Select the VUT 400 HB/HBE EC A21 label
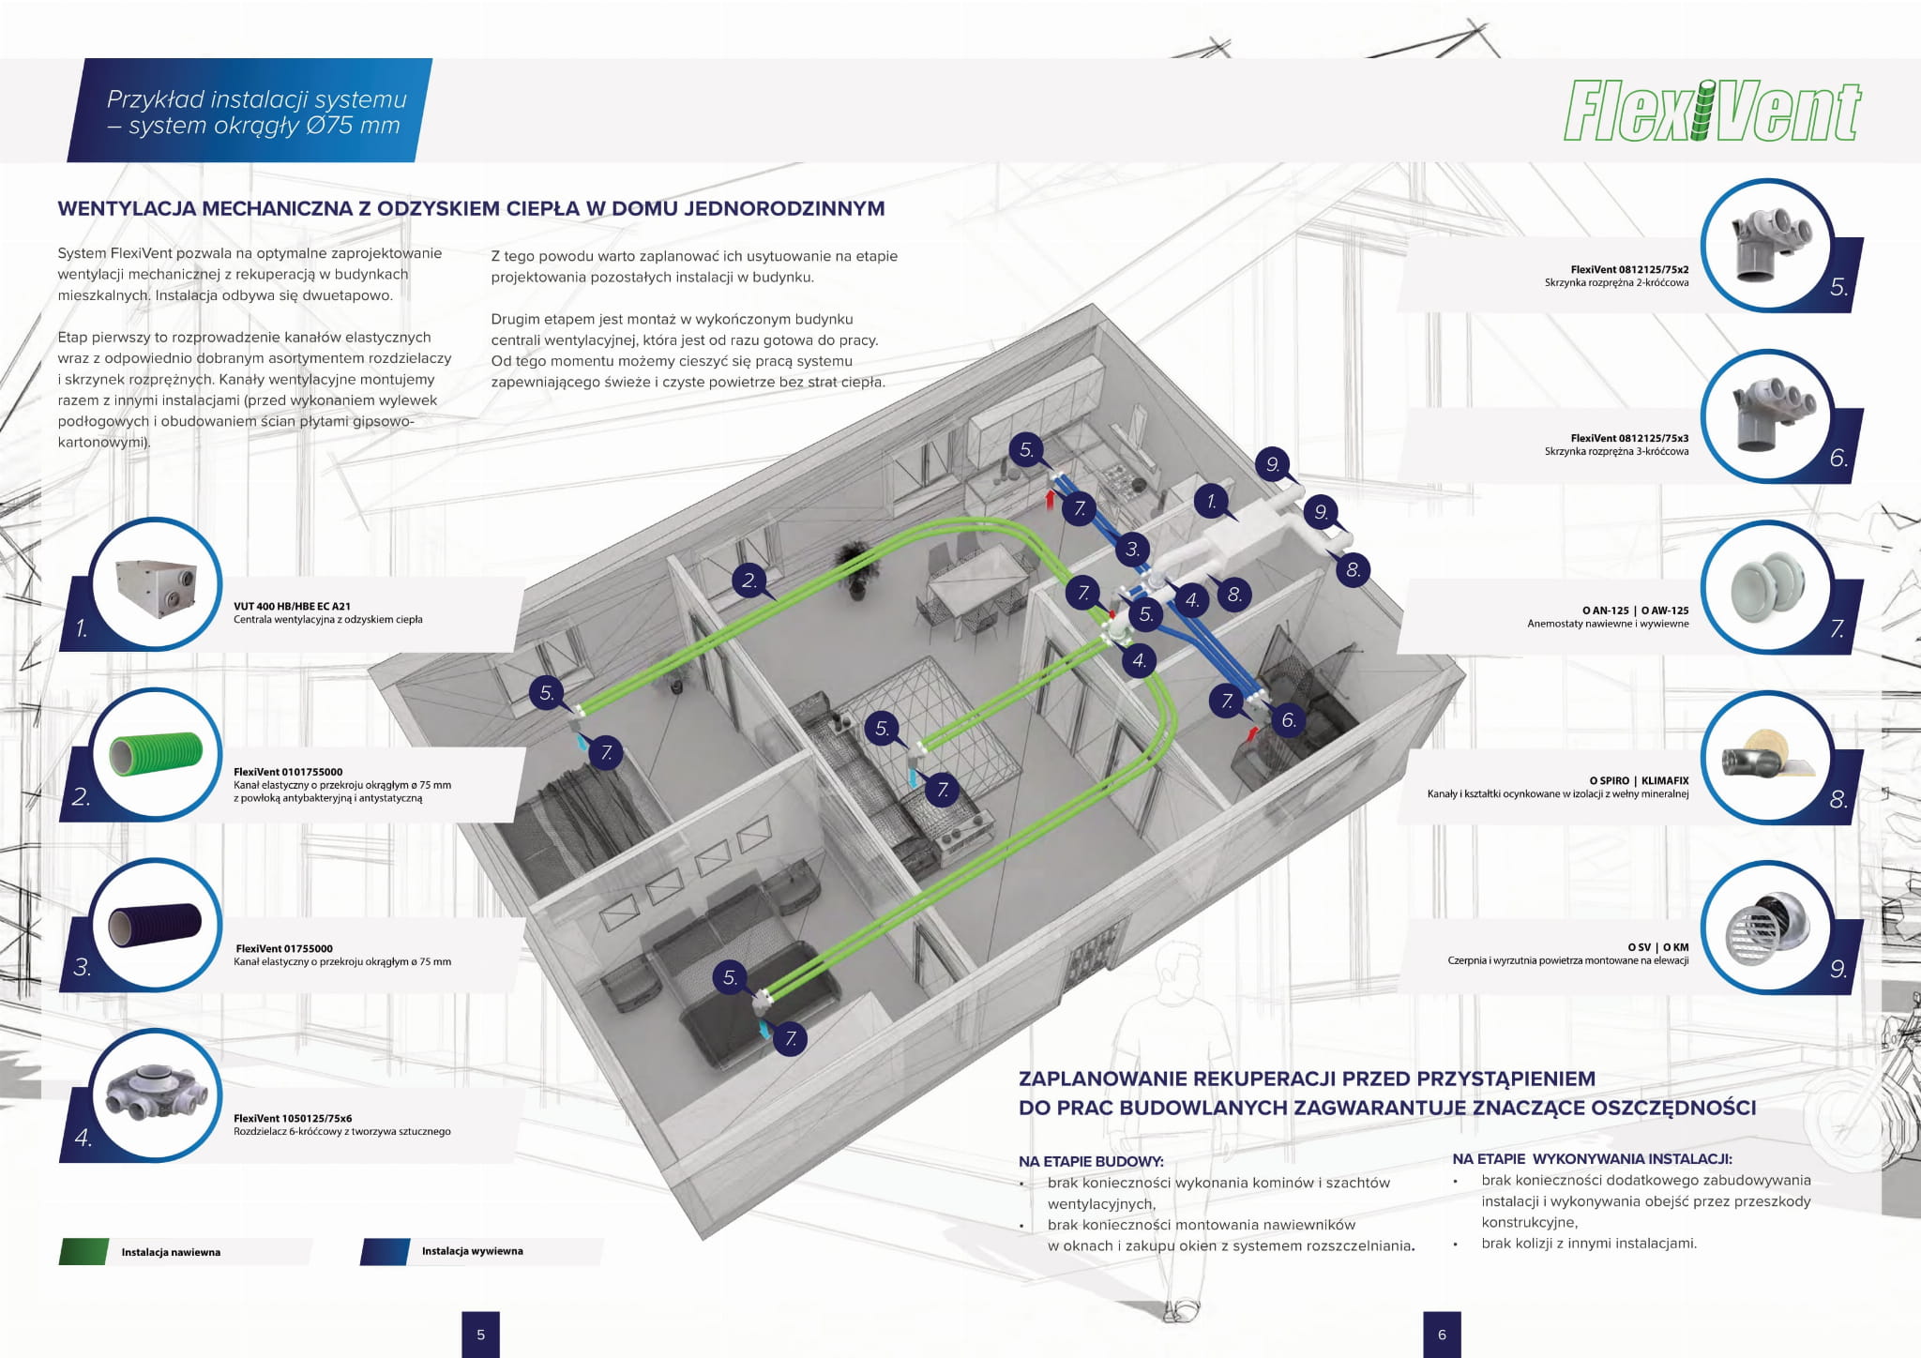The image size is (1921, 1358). tap(292, 606)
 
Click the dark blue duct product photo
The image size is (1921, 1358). tap(156, 924)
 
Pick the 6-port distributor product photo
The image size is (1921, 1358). tap(156, 1094)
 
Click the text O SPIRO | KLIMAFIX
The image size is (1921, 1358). tap(1639, 780)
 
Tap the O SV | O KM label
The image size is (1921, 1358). tap(1657, 947)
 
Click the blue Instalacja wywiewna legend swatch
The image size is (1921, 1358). tap(385, 1252)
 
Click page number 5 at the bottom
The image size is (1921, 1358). tap(481, 1335)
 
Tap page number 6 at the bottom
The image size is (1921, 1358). tap(1442, 1335)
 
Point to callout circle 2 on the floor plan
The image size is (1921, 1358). tap(749, 581)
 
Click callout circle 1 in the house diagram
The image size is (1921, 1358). tap(1211, 502)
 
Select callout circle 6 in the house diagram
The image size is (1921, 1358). tap(1289, 719)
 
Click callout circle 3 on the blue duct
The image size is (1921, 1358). tap(1132, 550)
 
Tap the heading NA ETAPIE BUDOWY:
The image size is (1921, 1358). tap(1091, 1161)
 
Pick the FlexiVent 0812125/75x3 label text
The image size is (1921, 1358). tap(1629, 438)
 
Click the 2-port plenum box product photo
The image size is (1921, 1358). tap(1765, 244)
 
